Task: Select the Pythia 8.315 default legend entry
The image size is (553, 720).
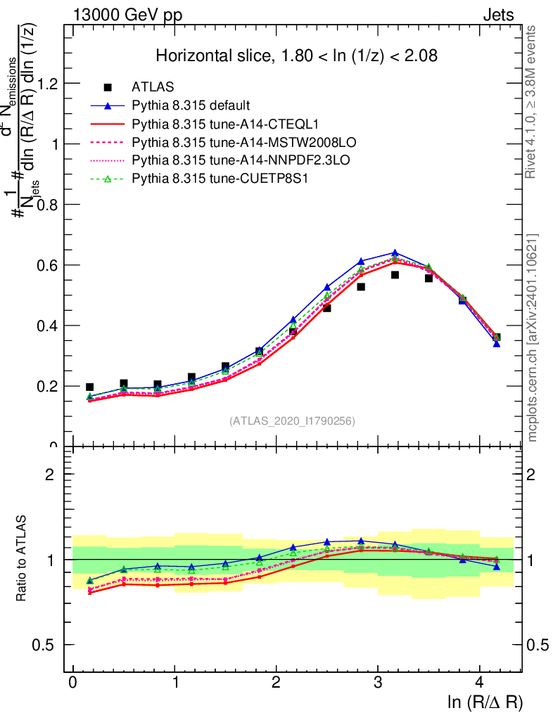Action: point(191,106)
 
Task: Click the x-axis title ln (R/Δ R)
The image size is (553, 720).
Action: point(485,702)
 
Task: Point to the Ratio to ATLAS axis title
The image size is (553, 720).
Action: point(21,560)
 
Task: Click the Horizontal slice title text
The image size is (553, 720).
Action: point(297,56)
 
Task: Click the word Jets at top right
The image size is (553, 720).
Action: point(498,15)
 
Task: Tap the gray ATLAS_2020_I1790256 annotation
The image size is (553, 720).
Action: point(292,421)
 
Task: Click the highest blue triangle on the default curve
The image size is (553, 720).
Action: point(395,252)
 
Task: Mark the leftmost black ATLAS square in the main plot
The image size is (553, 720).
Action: point(89,387)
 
